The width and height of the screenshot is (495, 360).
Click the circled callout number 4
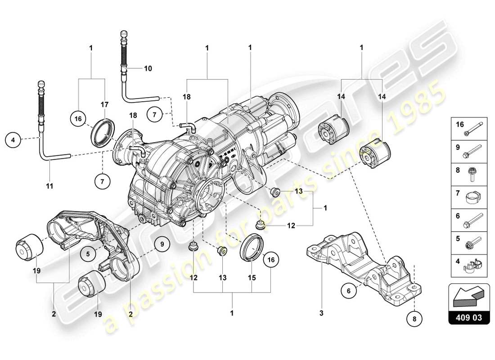13,140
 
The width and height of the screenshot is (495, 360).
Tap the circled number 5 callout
88,253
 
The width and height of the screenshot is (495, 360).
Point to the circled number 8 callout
414,319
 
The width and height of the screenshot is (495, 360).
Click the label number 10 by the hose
148,69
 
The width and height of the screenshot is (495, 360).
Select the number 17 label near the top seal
104,104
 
